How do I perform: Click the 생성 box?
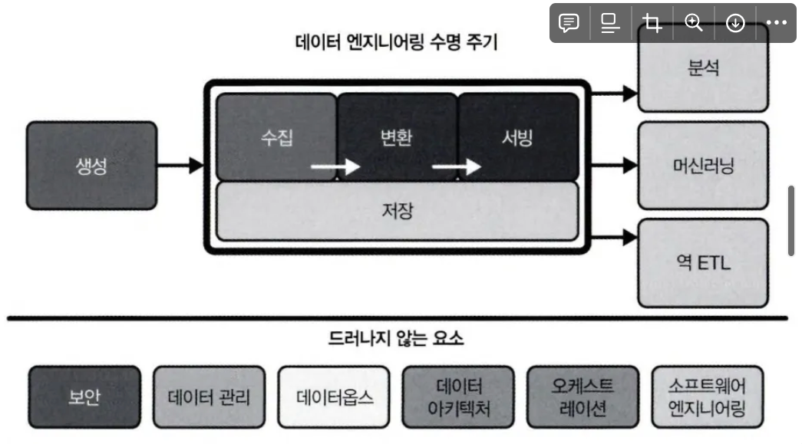coord(92,165)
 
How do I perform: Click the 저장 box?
coord(397,211)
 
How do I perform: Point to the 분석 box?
coord(703,67)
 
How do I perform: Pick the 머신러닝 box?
coord(703,165)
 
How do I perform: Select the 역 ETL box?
coord(703,263)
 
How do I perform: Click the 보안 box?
coord(84,397)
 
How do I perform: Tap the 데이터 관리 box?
coord(209,397)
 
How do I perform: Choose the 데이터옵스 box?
coord(334,397)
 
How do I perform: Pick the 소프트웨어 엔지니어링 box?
coord(708,397)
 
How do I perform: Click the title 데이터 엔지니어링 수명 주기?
coord(396,43)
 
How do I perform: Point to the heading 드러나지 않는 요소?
coord(396,337)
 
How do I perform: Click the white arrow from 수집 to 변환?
coord(335,166)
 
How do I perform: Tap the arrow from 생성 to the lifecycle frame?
coord(181,165)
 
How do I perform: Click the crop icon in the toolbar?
coord(652,23)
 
